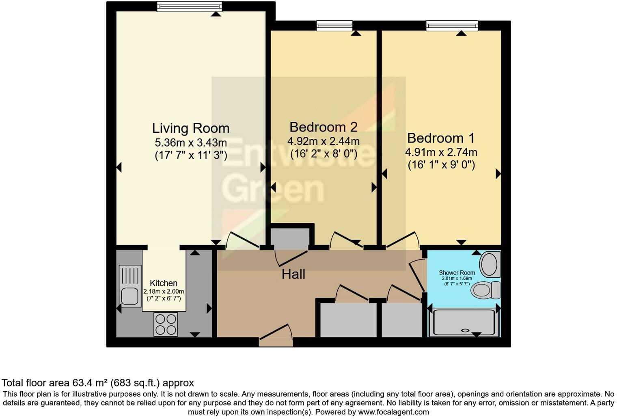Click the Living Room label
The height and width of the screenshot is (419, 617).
191,128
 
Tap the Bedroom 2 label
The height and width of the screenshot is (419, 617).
324,127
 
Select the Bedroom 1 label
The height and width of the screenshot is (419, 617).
441,138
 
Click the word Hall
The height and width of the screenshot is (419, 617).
293,274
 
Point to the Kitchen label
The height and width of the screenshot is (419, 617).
164,283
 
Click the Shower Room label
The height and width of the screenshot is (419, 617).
457,273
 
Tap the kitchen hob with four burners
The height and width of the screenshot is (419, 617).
166,324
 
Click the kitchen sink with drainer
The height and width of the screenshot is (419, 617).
130,286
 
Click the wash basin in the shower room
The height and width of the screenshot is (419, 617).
490,264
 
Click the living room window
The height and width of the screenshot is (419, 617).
190,6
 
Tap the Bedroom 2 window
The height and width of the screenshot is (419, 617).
334,26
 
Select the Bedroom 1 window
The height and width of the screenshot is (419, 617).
452,26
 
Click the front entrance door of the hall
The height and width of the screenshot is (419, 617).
276,339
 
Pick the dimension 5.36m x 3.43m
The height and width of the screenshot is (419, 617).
191,143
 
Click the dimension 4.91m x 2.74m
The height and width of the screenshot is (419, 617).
441,152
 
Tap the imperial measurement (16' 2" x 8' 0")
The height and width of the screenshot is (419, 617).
324,154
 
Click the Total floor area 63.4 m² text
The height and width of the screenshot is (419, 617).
98,383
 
